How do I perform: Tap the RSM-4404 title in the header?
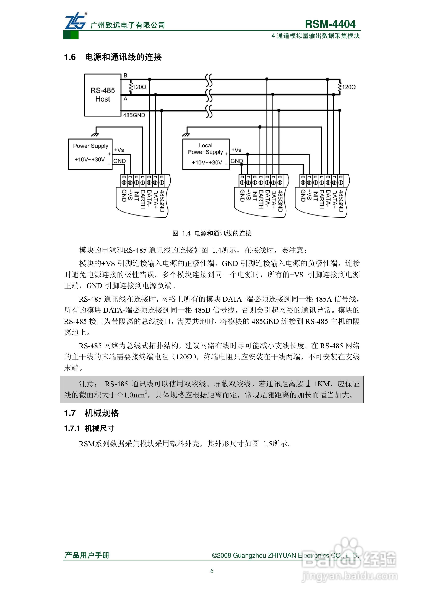tap(330, 24)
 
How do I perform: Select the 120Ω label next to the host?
tap(139, 87)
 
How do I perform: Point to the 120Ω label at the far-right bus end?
tap(349, 87)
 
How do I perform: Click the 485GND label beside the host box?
tap(134, 115)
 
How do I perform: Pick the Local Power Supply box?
tap(206, 154)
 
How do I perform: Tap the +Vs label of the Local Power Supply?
tap(236, 150)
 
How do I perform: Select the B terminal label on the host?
tap(125, 76)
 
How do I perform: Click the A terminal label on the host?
tap(125, 99)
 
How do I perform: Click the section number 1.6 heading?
tap(70, 57)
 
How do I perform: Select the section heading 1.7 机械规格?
tap(91, 413)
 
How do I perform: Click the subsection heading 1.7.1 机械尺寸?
tap(89, 428)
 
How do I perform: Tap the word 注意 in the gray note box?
tap(87, 384)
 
